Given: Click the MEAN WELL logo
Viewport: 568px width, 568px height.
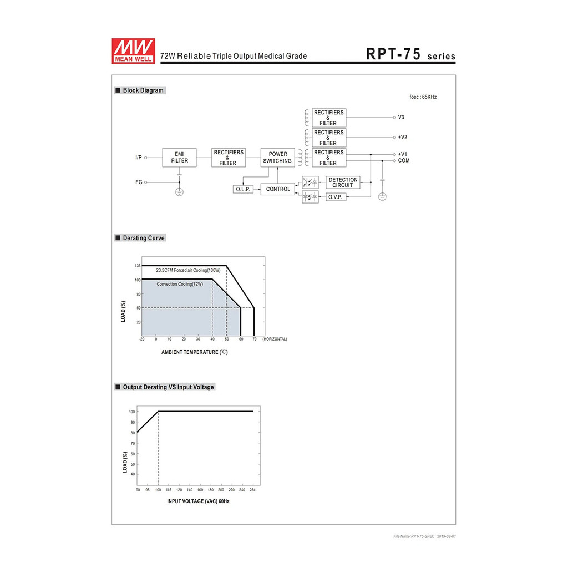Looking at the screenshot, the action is [133, 51].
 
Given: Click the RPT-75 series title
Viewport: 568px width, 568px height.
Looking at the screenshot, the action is [410, 54].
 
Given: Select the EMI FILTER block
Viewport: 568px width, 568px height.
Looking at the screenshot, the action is [179, 158].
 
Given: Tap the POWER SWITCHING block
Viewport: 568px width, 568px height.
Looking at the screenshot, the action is [277, 158].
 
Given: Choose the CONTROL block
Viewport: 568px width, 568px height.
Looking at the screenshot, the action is [278, 189].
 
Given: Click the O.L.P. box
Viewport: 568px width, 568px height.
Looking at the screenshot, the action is [243, 190].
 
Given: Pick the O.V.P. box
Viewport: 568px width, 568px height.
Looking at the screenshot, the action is [336, 197].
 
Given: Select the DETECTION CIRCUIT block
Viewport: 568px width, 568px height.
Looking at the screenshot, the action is [343, 182].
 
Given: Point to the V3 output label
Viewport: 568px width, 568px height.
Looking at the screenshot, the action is [401, 118].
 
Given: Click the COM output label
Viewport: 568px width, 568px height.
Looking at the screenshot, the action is [404, 160].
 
